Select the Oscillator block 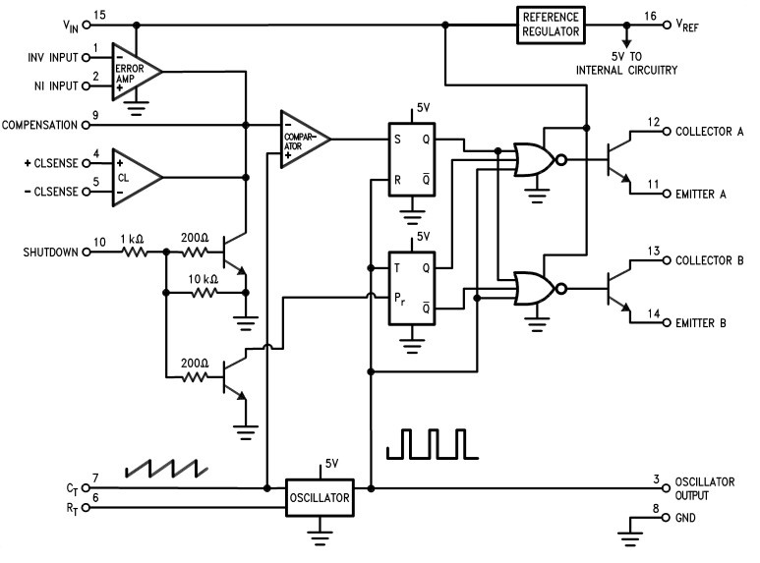click(x=319, y=497)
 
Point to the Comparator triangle click(x=302, y=139)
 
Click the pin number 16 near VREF click(x=649, y=16)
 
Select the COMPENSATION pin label click(x=42, y=125)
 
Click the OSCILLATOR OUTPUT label click(x=707, y=487)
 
